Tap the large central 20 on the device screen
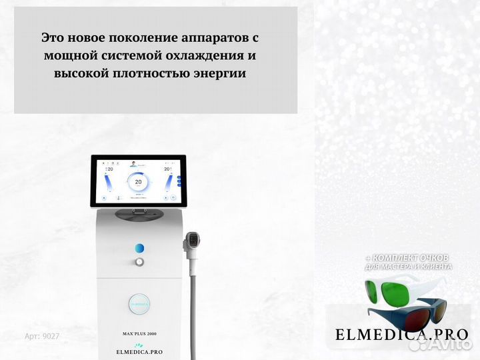point(138,181)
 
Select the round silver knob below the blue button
point(139,262)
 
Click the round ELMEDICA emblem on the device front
point(139,301)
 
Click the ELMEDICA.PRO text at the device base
point(139,351)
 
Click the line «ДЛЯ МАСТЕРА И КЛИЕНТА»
point(409,267)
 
